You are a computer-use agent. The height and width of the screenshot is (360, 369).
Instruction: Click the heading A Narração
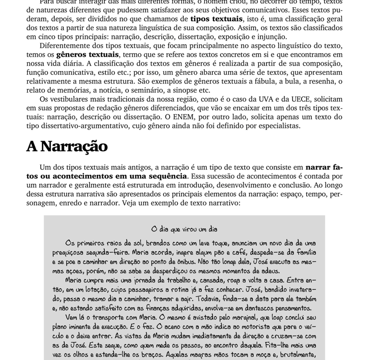click(67, 146)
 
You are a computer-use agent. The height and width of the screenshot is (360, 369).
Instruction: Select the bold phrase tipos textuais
click(216, 19)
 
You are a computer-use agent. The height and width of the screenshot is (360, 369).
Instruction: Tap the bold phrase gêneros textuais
click(87, 55)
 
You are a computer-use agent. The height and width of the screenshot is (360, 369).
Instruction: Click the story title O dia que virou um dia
click(184, 229)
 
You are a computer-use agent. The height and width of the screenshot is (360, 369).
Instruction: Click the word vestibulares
click(73, 99)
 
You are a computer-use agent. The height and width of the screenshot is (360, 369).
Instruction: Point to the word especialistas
click(275, 126)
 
